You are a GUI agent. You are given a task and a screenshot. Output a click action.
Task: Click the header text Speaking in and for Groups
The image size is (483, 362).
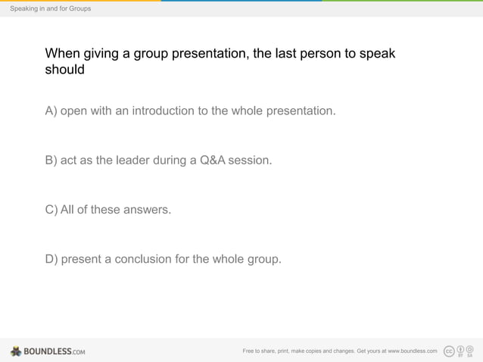pyautogui.click(x=50, y=8)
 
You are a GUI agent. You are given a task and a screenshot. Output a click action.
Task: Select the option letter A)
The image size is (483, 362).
pyautogui.click(x=51, y=111)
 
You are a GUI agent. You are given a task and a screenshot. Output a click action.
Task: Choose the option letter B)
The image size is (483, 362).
pyautogui.click(x=51, y=161)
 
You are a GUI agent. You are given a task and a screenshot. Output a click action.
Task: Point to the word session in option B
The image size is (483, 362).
pyautogui.click(x=250, y=161)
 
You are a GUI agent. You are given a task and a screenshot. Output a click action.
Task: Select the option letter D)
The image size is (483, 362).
pyautogui.click(x=51, y=259)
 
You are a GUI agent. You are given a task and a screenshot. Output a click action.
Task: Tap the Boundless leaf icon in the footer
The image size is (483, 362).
pyautogui.click(x=16, y=351)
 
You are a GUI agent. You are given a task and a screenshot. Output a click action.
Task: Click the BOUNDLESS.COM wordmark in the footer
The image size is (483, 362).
pyautogui.click(x=55, y=351)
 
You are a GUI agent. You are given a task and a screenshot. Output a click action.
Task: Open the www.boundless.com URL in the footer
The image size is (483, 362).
pyautogui.click(x=412, y=351)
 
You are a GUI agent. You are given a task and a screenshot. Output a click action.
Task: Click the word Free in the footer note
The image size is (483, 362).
pyautogui.click(x=248, y=351)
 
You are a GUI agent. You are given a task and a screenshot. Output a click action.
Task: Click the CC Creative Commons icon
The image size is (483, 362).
pyautogui.click(x=449, y=351)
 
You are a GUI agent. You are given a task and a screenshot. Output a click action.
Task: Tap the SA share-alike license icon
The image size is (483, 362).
pyautogui.click(x=470, y=351)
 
